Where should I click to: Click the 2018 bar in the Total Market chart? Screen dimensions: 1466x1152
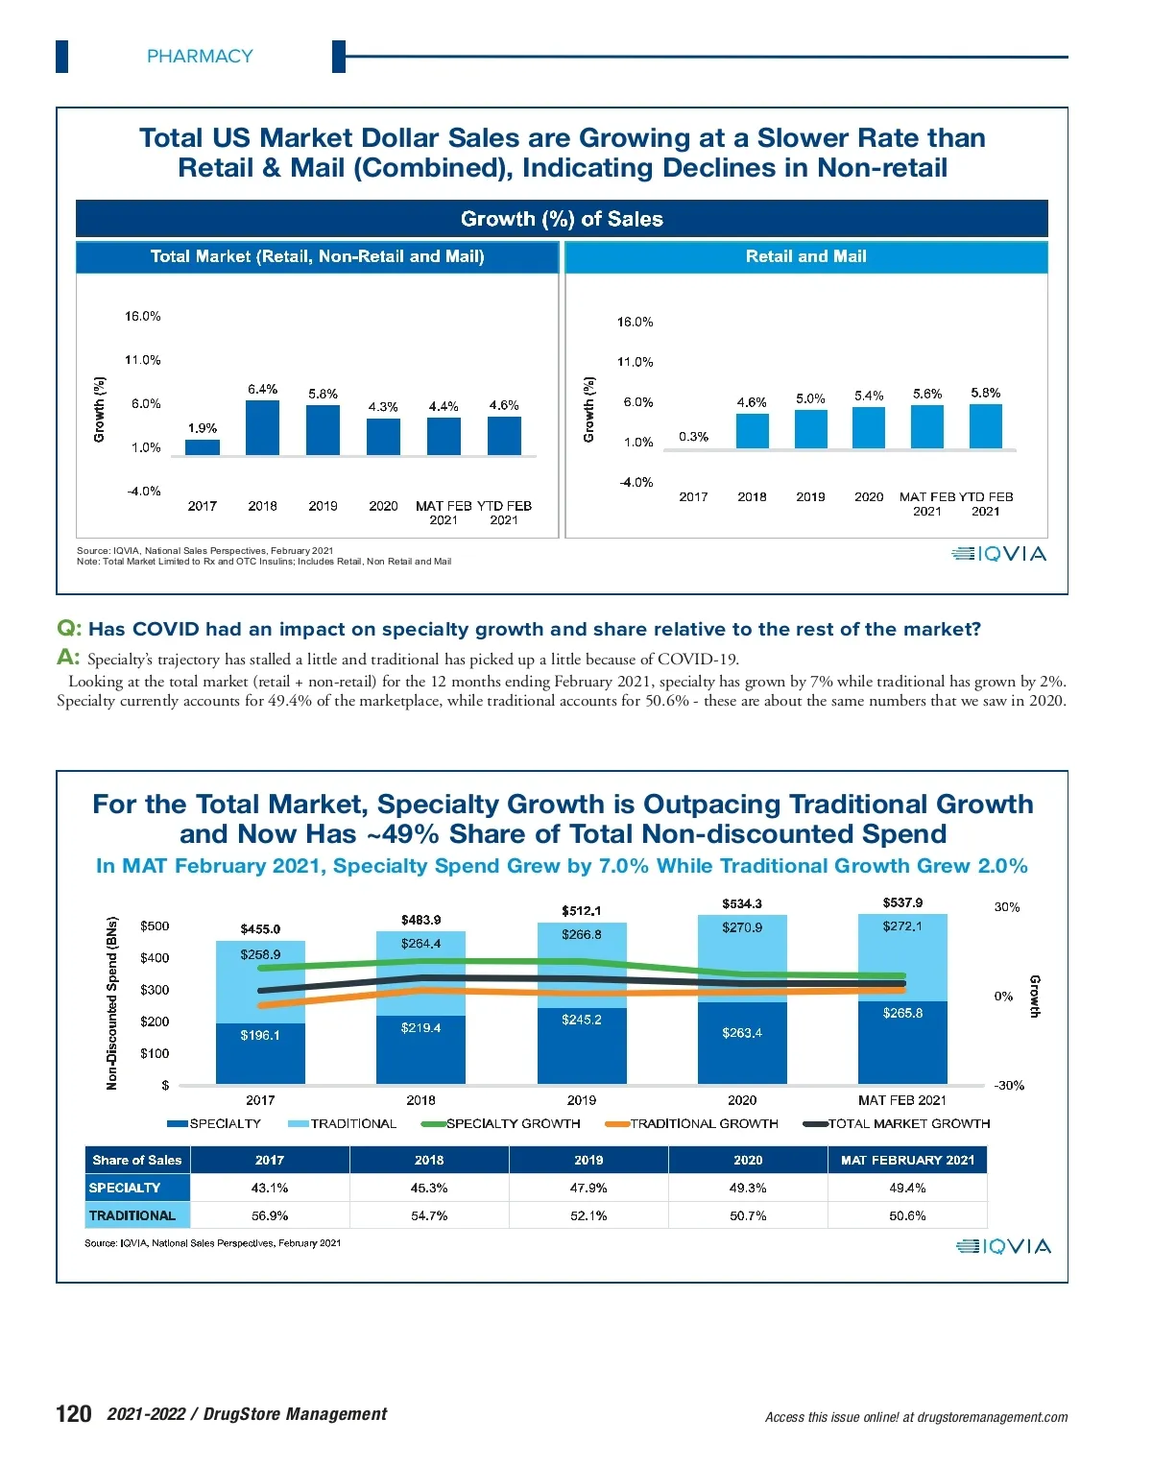tap(262, 428)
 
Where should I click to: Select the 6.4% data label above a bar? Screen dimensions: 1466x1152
tap(262, 389)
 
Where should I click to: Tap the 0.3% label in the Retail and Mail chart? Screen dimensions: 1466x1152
tap(693, 437)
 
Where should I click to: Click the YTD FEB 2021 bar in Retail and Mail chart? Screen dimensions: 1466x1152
tap(986, 426)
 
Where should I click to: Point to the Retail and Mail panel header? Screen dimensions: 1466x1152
tap(806, 256)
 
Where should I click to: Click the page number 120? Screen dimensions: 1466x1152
tap(74, 1413)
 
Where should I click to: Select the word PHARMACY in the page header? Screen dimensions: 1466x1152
tap(200, 57)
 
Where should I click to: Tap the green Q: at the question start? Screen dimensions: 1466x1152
tap(69, 629)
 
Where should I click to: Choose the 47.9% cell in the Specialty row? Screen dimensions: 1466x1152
tap(588, 1188)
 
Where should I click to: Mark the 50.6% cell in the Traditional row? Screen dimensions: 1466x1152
tap(907, 1215)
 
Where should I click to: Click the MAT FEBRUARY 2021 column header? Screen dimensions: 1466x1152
tap(907, 1160)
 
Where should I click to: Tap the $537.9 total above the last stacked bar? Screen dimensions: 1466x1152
tap(902, 902)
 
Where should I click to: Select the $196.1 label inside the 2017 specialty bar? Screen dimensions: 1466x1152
tap(260, 1035)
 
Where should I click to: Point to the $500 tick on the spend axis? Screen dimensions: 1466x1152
tap(155, 926)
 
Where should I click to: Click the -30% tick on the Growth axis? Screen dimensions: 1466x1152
tap(1009, 1086)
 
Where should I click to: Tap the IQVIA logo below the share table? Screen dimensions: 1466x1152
tap(1003, 1246)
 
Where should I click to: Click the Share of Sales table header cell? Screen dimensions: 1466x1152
tap(137, 1160)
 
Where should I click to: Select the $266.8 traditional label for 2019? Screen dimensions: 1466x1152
tap(582, 934)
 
